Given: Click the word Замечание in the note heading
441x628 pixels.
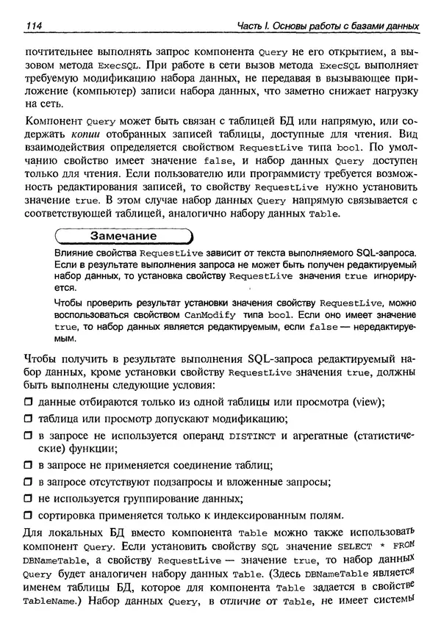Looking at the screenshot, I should tap(123, 237).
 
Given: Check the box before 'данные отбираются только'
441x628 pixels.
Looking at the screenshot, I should tap(29, 402).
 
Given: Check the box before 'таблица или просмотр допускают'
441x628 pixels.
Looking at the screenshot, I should tap(29, 419).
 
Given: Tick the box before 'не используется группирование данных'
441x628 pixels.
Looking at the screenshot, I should tap(29, 498).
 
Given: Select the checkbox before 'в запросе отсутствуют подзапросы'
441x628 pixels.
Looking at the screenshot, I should tap(29, 482).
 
